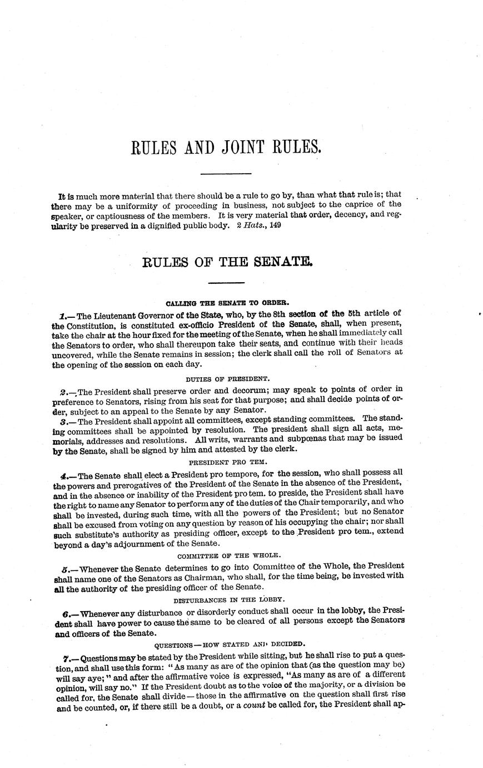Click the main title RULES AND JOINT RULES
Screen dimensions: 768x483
coord(226,148)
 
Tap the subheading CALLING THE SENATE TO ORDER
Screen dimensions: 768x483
coord(227,303)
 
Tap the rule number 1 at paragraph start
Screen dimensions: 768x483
coord(63,313)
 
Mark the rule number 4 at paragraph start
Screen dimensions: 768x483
coord(64,476)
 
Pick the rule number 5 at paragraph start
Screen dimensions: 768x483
coord(65,569)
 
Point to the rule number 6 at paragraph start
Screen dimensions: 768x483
coord(66,614)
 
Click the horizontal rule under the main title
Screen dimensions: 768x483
coord(226,174)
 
